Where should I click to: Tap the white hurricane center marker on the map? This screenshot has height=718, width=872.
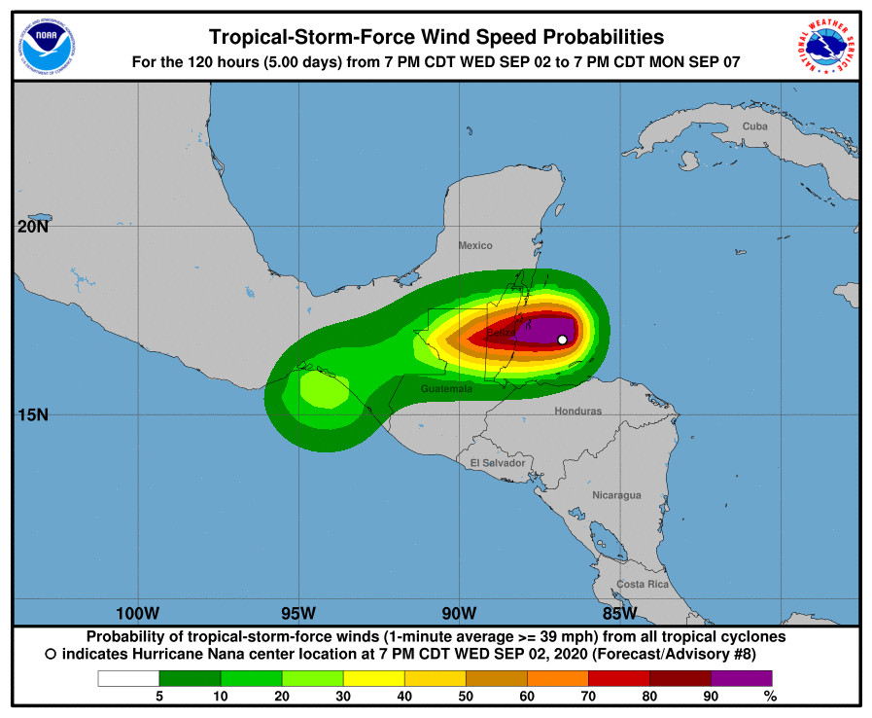click(562, 340)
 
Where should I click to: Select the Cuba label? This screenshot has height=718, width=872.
click(754, 126)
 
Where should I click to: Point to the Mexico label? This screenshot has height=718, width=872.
click(475, 246)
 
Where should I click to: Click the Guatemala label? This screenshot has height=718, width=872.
click(446, 388)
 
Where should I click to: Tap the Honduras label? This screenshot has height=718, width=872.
click(577, 411)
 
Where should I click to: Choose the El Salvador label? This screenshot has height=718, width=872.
click(498, 463)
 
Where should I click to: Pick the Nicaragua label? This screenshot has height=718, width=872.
click(617, 495)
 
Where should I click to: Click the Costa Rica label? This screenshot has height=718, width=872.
click(643, 584)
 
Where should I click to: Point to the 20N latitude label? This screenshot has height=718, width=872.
click(32, 228)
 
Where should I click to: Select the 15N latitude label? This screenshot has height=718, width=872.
click(32, 414)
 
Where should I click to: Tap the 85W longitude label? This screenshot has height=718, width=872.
click(619, 613)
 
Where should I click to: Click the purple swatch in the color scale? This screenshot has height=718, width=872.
click(741, 678)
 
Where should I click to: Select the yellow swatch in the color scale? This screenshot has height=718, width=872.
click(373, 678)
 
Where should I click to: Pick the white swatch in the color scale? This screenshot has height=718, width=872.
click(128, 678)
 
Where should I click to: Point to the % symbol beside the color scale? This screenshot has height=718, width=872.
click(770, 696)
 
